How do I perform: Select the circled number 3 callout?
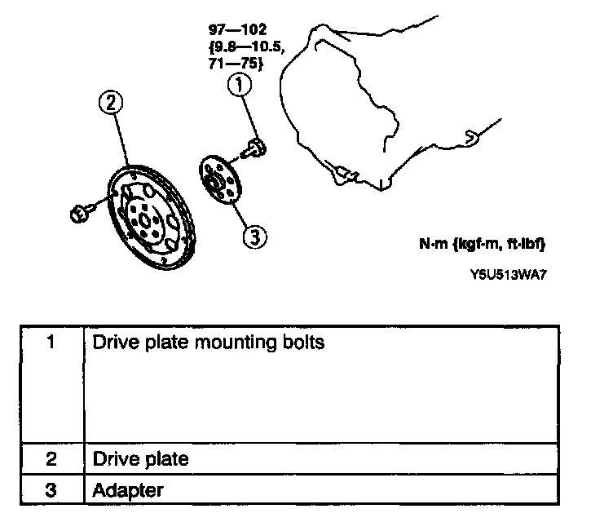click(x=254, y=236)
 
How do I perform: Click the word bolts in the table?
click(x=302, y=343)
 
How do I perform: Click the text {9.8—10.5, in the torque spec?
click(x=246, y=47)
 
